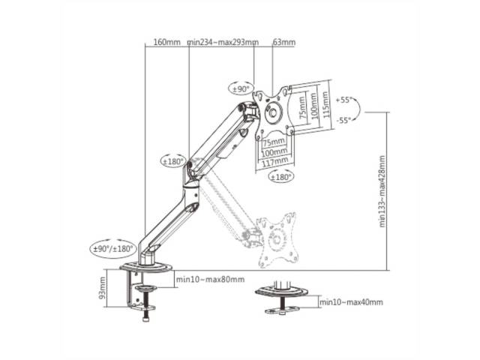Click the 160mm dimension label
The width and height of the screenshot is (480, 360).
[166, 43]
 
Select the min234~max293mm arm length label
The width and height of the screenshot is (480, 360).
[223, 43]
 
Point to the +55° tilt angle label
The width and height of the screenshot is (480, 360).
[344, 99]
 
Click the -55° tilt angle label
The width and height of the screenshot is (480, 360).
[344, 120]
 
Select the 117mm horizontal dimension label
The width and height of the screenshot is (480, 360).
[275, 160]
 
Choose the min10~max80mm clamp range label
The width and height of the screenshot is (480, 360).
[210, 280]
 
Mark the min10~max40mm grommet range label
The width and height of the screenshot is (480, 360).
[351, 302]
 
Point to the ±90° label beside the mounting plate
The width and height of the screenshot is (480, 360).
[241, 89]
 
